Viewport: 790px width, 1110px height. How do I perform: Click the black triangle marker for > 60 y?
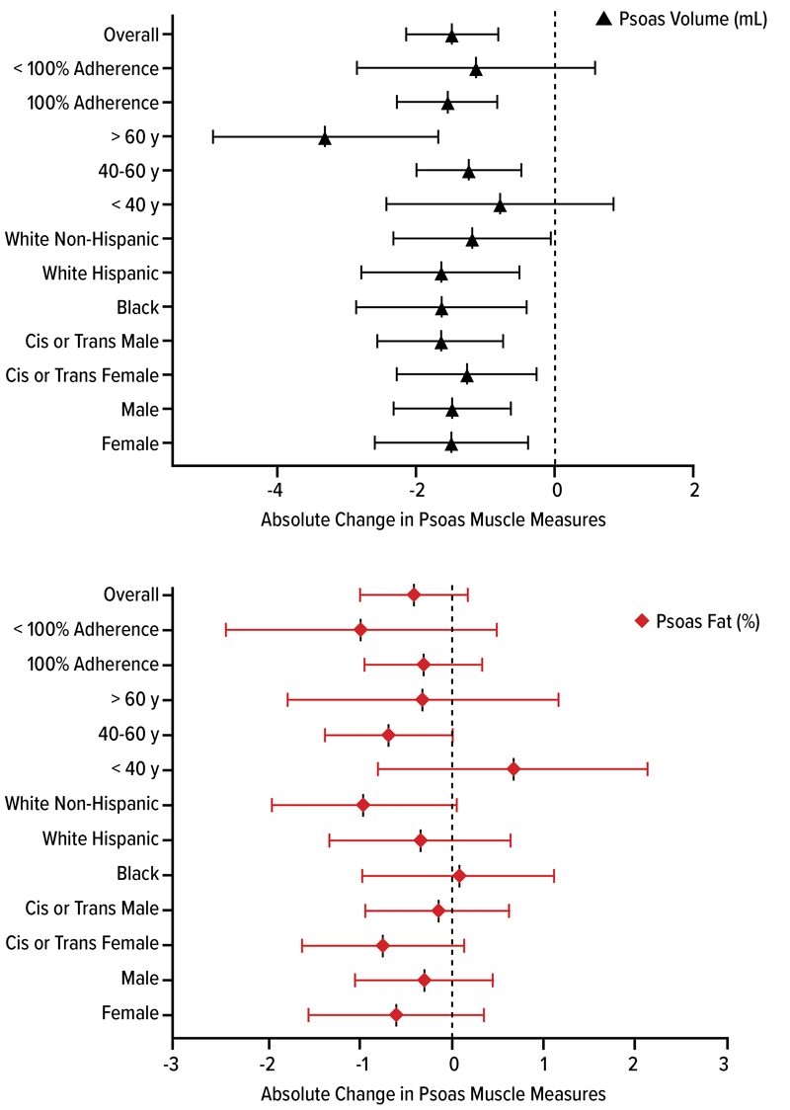click(325, 138)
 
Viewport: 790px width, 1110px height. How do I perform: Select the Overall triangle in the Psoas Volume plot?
click(451, 36)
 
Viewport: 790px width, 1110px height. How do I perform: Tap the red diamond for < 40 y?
click(513, 768)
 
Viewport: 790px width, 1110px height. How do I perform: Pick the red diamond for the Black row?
click(459, 875)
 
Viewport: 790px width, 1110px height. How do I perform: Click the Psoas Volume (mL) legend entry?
click(681, 18)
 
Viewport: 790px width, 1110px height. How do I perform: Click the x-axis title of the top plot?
click(434, 519)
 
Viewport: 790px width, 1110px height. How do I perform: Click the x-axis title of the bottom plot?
click(434, 1094)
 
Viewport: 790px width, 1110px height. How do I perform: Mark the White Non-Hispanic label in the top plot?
click(82, 239)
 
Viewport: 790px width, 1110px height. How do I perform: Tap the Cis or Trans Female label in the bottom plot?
click(82, 945)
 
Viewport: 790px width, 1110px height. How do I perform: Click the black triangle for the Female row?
click(451, 444)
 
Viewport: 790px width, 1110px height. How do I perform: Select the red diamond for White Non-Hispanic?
click(363, 805)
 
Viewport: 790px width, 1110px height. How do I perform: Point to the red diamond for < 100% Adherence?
click(360, 630)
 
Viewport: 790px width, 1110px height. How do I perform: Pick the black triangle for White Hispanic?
click(441, 274)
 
